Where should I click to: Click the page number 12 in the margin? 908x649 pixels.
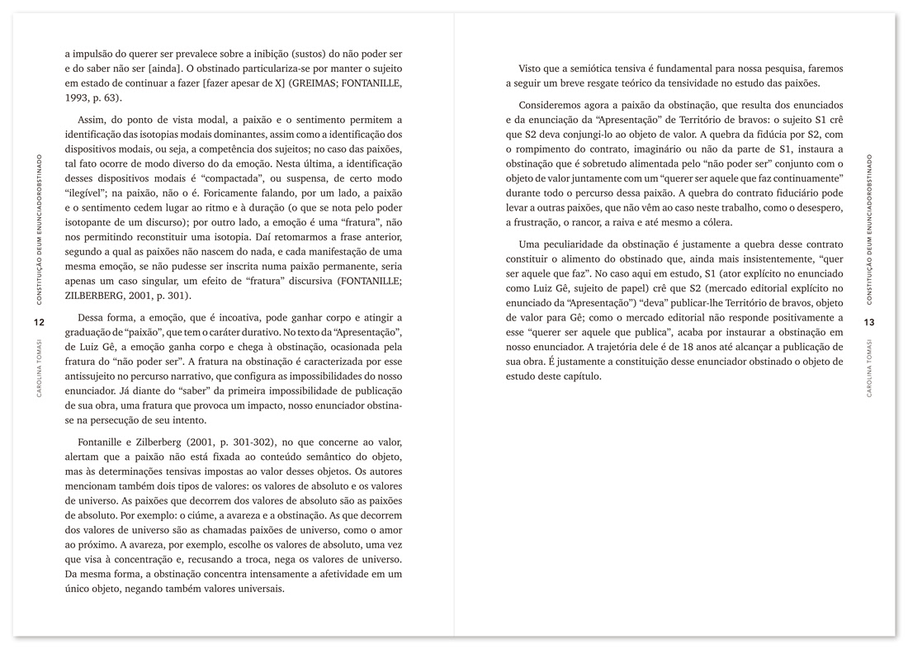click(39, 321)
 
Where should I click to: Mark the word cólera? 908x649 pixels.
click(714, 224)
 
